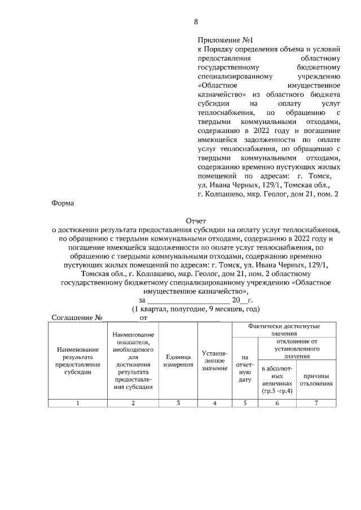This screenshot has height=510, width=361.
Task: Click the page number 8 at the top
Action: pyautogui.click(x=196, y=22)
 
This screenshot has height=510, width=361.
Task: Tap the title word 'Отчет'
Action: pyautogui.click(x=196, y=221)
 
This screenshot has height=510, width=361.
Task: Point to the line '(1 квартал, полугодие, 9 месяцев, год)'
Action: pyautogui.click(x=196, y=309)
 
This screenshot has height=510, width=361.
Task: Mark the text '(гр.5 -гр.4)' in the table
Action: pyautogui.click(x=277, y=391)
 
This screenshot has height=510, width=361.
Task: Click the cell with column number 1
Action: pyautogui.click(x=78, y=402)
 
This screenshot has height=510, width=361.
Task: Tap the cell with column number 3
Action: pyautogui.click(x=178, y=402)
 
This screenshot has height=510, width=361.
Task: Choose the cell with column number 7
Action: pyautogui.click(x=316, y=402)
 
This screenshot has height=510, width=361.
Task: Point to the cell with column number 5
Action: pyautogui.click(x=245, y=402)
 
